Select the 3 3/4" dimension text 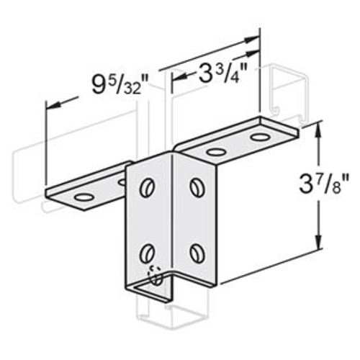pos(214,73)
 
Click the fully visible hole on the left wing pos(84,196)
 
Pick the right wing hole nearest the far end pos(261,136)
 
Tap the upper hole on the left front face pos(148,186)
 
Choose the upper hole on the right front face pos(197,187)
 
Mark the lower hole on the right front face pos(197,253)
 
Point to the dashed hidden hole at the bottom pos(153,276)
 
